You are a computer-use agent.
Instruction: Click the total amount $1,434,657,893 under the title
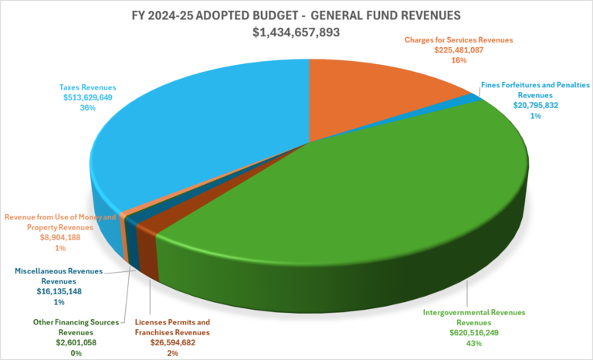click(x=296, y=33)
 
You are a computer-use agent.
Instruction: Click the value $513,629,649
click(x=87, y=97)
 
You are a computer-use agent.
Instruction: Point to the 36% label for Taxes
click(x=87, y=108)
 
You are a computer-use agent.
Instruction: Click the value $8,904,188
click(x=60, y=239)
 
